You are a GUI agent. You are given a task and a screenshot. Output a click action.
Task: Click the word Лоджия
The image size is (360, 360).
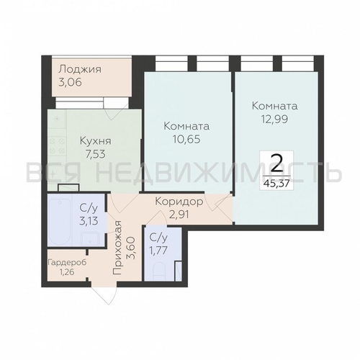pyautogui.click(x=80, y=70)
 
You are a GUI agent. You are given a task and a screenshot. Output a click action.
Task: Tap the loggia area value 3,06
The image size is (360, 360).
pyautogui.click(x=70, y=82)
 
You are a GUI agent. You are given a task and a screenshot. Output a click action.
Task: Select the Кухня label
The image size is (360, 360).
pyautogui.click(x=96, y=141)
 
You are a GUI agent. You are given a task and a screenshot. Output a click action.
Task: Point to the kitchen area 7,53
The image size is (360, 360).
pyautogui.click(x=96, y=154)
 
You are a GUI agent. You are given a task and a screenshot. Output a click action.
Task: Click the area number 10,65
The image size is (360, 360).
pyautogui.click(x=186, y=139)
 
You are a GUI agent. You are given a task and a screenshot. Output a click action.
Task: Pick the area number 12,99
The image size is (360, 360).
pyautogui.click(x=274, y=119)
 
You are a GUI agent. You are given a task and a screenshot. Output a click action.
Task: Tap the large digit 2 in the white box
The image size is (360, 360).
pyautogui.click(x=276, y=163)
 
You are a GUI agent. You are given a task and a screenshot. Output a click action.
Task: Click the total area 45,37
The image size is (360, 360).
pyautogui.click(x=276, y=184)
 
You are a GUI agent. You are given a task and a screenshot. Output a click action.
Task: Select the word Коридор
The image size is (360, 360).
pyautogui.click(x=179, y=202)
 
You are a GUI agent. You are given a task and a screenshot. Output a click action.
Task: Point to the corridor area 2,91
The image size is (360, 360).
pyautogui.click(x=179, y=215)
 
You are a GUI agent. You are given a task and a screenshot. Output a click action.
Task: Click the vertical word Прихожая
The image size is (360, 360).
pyautogui.click(x=118, y=248)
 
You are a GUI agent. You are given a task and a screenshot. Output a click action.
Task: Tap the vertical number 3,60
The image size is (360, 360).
pyautogui.click(x=132, y=248)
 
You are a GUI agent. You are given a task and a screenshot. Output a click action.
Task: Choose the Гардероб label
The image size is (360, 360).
pyautogui.click(x=67, y=262)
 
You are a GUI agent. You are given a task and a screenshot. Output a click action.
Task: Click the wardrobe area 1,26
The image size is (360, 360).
pyautogui.click(x=67, y=272)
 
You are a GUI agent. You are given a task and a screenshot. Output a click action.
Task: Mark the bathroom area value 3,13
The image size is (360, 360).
pyautogui.click(x=89, y=221)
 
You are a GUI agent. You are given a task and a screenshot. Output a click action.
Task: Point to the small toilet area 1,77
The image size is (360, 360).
pyautogui.click(x=158, y=251)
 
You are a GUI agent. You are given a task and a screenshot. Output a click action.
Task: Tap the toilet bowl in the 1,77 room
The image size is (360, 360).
pyautogui.click(x=158, y=271)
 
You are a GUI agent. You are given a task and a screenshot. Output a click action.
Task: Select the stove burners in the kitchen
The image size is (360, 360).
pyautogui.click(x=57, y=146)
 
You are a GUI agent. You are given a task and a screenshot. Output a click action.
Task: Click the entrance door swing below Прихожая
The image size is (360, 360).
pyautogui.click(x=104, y=295)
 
